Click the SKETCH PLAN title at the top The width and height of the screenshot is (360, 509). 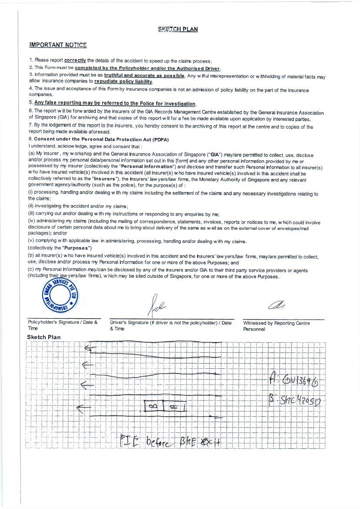pos(178,29)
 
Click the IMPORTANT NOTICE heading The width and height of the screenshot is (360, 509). pos(58,45)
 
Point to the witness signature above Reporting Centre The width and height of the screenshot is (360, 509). pos(276,306)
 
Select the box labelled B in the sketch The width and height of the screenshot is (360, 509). pos(153,407)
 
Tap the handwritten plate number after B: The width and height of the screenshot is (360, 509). pos(300,400)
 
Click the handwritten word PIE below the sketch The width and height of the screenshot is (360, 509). pos(129,442)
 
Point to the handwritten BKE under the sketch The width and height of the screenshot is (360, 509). pos(188,442)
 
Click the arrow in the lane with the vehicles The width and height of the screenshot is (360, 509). pos(84,408)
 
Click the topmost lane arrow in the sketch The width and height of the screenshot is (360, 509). pos(91,347)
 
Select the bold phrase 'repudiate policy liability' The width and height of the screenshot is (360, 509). pos(123,81)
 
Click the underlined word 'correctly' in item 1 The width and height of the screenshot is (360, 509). pos(75,60)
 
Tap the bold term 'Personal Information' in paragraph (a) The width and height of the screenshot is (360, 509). pos(147,166)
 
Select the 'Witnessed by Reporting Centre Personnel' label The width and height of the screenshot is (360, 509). pos(276,326)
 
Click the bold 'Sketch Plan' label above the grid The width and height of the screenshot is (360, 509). pos(44,337)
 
